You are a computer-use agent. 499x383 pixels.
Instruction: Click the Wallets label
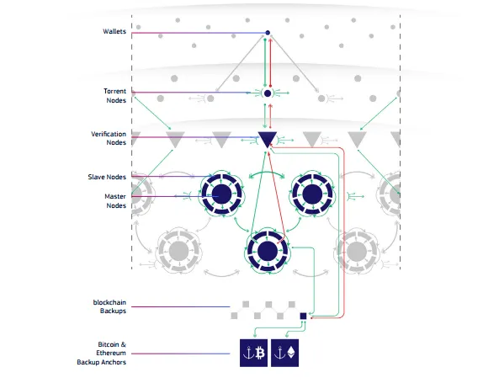click(x=114, y=31)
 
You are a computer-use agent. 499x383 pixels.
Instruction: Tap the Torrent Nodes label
click(x=115, y=95)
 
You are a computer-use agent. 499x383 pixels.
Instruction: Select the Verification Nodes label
click(x=109, y=138)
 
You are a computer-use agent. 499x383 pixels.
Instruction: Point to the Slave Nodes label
click(x=107, y=177)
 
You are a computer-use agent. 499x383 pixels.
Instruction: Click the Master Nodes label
click(x=115, y=201)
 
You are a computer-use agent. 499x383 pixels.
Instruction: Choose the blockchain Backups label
click(x=109, y=306)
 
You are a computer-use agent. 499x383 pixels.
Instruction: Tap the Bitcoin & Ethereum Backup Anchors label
click(x=102, y=353)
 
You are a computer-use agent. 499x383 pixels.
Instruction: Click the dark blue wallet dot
click(x=268, y=33)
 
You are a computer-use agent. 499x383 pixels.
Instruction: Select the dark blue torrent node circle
click(x=268, y=93)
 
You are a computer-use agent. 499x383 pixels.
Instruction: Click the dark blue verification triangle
click(x=267, y=138)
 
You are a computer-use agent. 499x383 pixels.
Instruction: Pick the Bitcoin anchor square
click(x=253, y=353)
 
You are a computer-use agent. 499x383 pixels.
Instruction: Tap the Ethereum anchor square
click(x=284, y=353)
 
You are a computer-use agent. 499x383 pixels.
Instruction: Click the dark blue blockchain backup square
click(x=303, y=316)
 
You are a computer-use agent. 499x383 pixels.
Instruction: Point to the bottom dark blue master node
click(x=268, y=251)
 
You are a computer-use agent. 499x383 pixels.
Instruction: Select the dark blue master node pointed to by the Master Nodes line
click(x=222, y=194)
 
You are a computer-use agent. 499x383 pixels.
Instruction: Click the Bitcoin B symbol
click(x=260, y=353)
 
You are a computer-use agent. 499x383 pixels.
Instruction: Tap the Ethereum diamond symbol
click(x=291, y=352)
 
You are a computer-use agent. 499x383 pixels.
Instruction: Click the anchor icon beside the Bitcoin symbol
click(x=248, y=353)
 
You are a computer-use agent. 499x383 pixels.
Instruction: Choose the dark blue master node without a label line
click(x=312, y=194)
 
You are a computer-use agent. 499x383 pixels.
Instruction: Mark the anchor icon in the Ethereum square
click(x=279, y=353)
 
